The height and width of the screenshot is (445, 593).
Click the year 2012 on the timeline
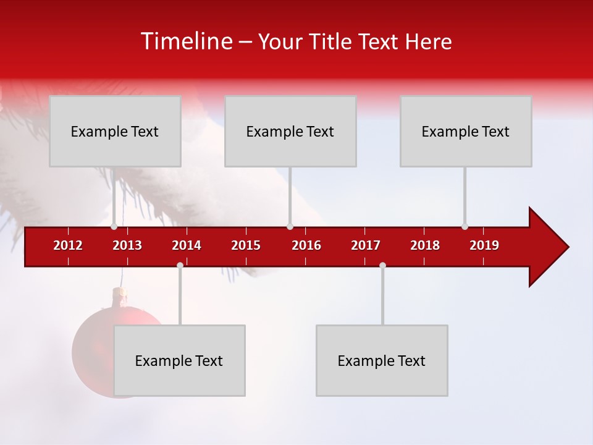pos(68,245)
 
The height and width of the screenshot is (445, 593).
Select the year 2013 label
pos(127,245)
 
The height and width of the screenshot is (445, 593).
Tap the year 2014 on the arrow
pos(187,245)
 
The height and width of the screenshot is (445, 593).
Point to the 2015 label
pos(246,245)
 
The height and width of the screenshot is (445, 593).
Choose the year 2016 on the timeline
pos(306,245)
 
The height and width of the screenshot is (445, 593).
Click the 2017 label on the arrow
pos(366,245)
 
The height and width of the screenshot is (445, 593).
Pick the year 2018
pos(425,245)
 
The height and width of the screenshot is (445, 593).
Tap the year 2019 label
pos(484,245)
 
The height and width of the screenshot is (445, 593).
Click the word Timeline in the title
pos(187,41)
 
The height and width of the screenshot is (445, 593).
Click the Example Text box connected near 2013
pos(115,131)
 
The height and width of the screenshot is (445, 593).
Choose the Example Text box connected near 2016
pos(290,131)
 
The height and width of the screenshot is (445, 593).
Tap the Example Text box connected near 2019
pos(466,131)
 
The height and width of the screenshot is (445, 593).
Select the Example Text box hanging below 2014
pos(179,360)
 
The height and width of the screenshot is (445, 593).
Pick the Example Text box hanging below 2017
pos(382,360)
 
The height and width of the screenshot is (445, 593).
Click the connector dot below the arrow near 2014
pos(180,265)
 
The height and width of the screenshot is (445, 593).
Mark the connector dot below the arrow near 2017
pos(382,265)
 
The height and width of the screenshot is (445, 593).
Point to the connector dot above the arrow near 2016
pos(290,226)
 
